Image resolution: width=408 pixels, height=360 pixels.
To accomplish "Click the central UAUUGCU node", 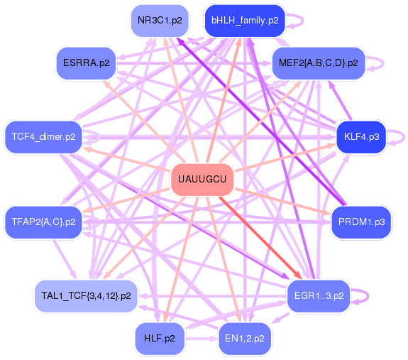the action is [202, 180].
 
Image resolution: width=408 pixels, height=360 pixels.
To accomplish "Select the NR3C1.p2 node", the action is [160, 21].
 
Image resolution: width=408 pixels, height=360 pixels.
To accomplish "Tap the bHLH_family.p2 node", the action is [245, 21].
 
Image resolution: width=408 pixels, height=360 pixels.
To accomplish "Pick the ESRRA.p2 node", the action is [86, 63].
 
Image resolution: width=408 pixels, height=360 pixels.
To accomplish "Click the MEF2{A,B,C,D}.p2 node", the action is [319, 63].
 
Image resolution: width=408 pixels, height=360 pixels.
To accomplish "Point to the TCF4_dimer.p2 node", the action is [43, 137].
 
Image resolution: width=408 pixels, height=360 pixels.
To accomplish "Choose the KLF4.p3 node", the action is [361, 137].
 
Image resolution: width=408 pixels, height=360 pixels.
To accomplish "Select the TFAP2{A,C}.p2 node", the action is [43, 222].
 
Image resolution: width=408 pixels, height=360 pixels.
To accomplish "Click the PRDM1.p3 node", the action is [361, 222].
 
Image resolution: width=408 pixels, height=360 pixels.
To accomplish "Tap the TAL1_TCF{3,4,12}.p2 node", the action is [86, 296].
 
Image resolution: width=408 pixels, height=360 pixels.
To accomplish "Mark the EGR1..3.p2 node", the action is [319, 296].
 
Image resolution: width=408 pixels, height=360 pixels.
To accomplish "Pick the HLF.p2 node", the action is [160, 339].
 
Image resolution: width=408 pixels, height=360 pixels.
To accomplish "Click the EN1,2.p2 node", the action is [245, 339].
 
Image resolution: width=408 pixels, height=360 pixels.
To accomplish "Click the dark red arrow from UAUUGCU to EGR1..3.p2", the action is [260, 238].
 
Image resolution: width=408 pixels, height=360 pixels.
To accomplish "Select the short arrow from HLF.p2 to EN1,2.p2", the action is [201, 339].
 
